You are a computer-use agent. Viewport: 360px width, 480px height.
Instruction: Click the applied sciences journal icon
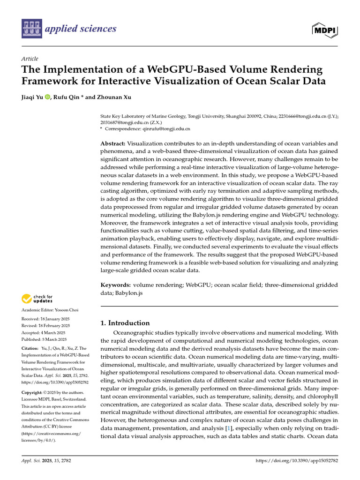point(31,29)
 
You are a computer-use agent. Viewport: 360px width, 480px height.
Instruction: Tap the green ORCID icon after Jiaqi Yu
point(47,97)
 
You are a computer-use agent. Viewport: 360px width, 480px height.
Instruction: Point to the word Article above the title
point(30,58)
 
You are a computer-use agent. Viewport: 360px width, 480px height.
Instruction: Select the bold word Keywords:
point(115,284)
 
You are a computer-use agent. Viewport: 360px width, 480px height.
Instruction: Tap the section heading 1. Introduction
point(126,323)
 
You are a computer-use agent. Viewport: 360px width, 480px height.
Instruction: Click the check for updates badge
point(37,299)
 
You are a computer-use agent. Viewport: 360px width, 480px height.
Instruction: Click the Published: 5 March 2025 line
point(44,339)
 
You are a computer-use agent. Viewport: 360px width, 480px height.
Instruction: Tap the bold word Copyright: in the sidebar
point(34,392)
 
